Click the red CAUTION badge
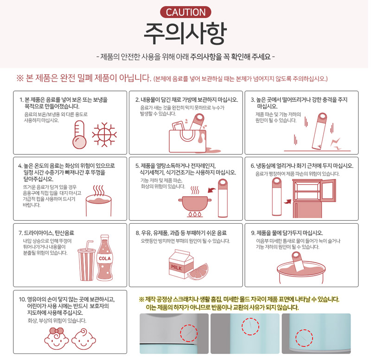(x=185, y=13)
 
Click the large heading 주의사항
(x=185, y=33)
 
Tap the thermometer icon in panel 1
(x=79, y=135)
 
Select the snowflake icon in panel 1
(x=104, y=135)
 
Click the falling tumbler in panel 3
(x=320, y=131)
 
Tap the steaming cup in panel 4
(x=98, y=206)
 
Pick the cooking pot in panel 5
(x=195, y=204)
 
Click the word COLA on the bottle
(x=105, y=258)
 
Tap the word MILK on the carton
(x=177, y=268)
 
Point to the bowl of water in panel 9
(x=301, y=272)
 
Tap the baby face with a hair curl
(x=84, y=339)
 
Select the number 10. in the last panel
(x=22, y=299)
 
